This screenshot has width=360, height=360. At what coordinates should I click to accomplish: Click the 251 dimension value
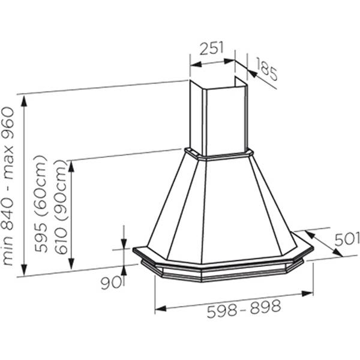coord(211,48)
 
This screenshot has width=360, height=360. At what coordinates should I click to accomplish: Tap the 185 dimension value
coord(266,70)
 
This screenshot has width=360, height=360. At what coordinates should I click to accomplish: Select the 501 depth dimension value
coord(347,239)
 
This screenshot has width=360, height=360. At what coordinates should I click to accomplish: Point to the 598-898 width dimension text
coord(244,308)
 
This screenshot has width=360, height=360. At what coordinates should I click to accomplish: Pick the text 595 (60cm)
coord(41,204)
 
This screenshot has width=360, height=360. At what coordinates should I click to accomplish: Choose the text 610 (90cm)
coord(61,206)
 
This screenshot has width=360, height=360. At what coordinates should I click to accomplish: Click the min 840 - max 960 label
coord(8,186)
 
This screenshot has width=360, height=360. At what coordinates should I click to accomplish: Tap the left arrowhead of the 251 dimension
coord(196,65)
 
